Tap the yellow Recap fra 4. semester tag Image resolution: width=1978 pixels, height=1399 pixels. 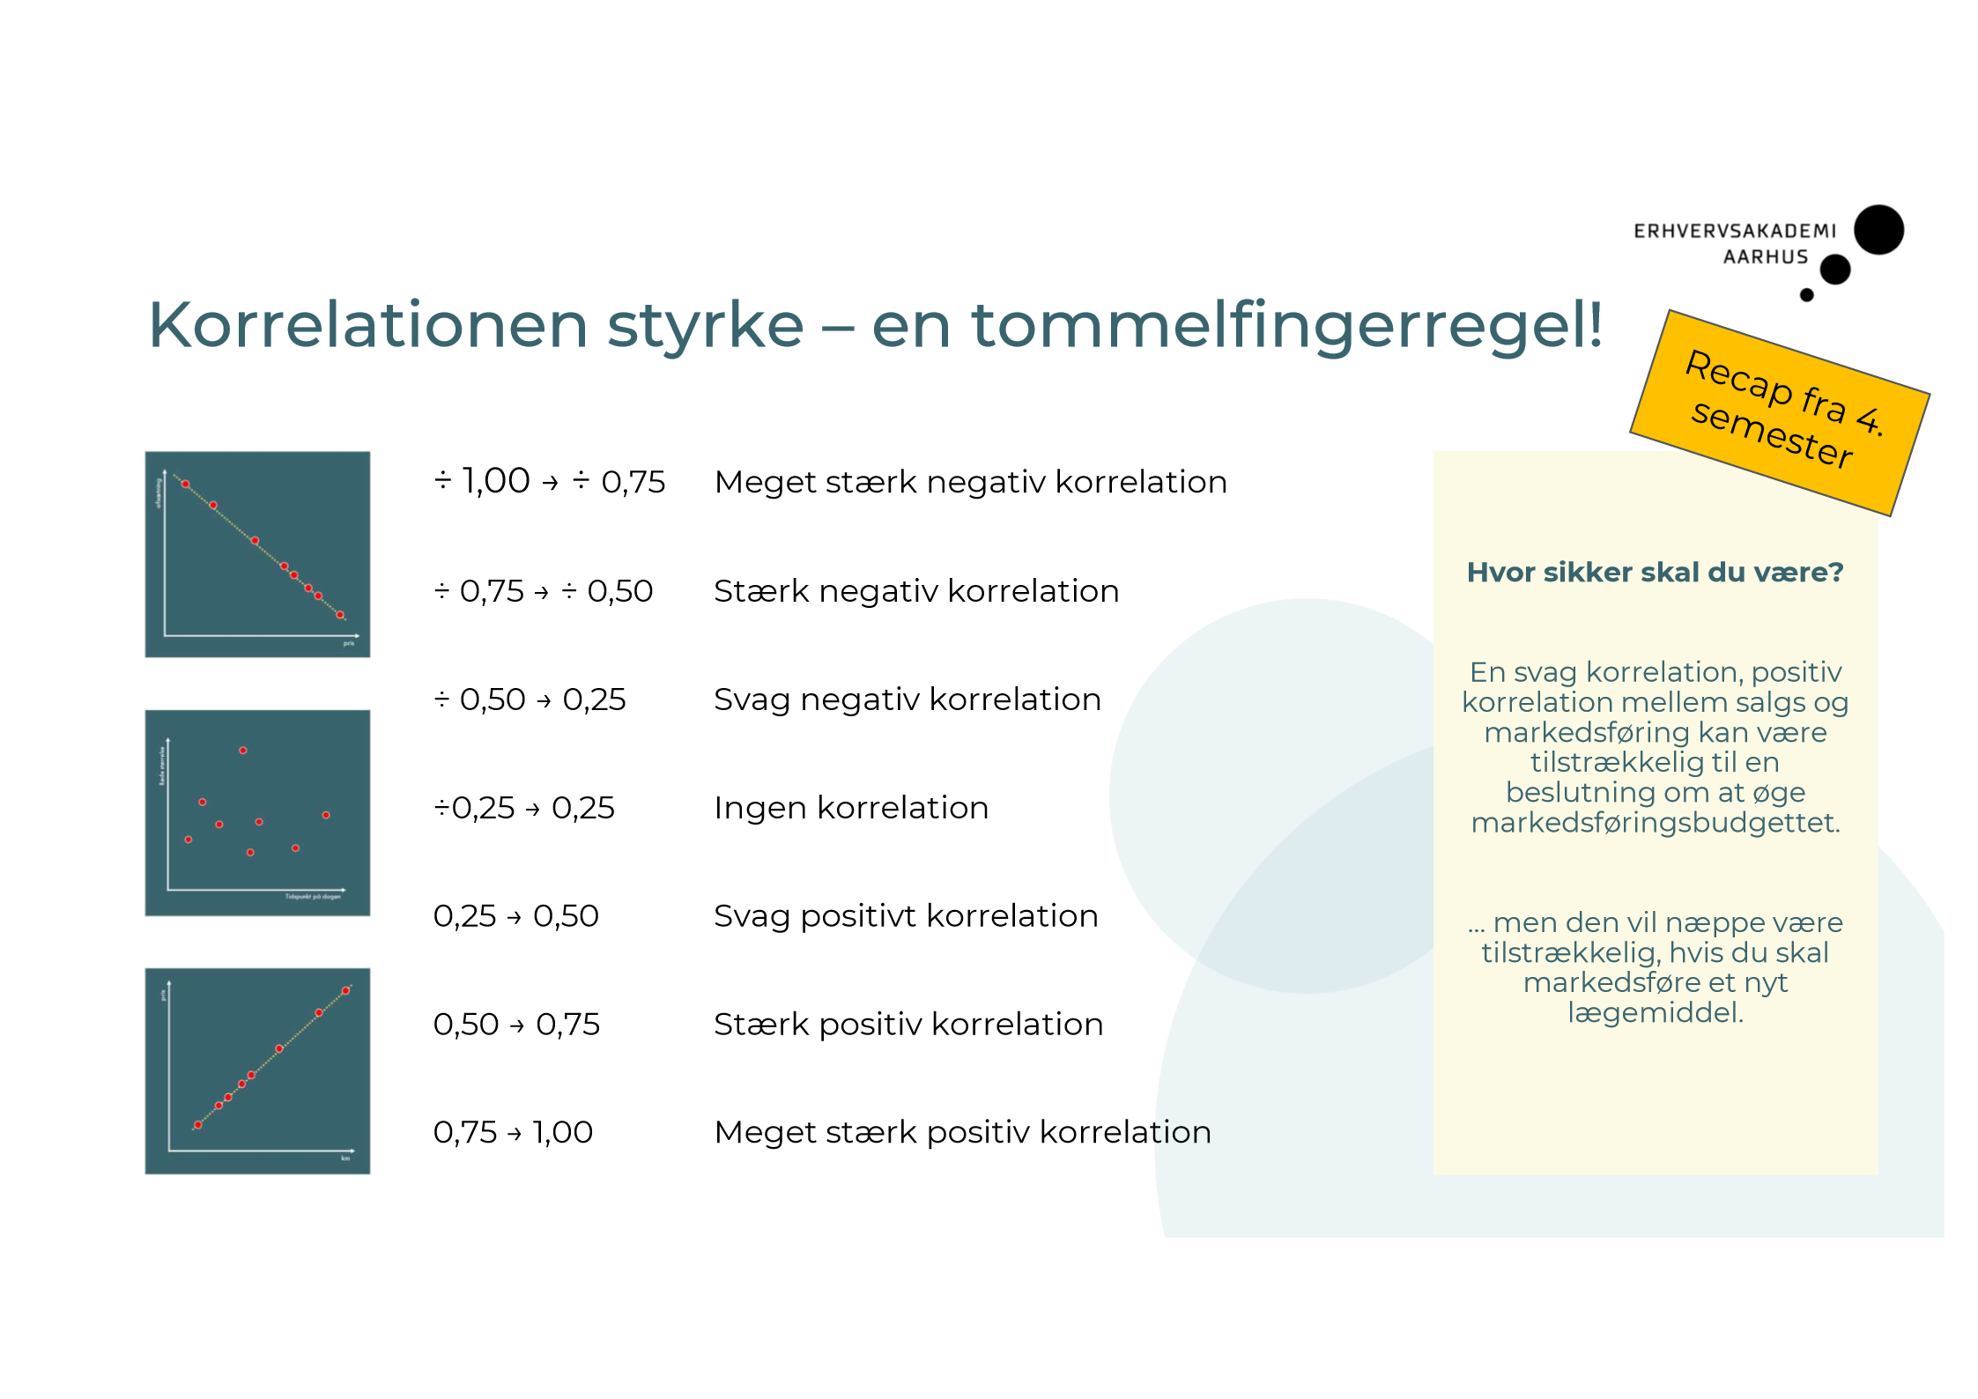(1780, 411)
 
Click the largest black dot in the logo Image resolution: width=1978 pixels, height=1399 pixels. (1878, 230)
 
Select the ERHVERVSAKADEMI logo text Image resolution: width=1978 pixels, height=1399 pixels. (1734, 232)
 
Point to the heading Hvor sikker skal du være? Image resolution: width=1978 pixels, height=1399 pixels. (1655, 573)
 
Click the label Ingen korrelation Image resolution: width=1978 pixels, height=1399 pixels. (851, 808)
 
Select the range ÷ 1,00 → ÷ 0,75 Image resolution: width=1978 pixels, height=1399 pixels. (550, 482)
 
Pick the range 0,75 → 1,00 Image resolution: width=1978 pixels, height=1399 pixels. (513, 1132)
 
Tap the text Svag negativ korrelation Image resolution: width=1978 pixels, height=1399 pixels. (908, 699)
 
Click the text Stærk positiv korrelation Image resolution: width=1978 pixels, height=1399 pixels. (908, 1025)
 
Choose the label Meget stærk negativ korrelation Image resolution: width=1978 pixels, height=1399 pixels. (971, 482)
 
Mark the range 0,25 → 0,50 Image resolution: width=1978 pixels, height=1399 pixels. (515, 916)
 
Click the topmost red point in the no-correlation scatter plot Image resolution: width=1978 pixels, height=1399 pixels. (243, 751)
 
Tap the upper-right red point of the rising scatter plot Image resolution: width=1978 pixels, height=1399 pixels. (346, 991)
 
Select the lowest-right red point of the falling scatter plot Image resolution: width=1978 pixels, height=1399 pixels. (340, 615)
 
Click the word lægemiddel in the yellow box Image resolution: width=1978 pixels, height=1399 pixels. (1655, 1013)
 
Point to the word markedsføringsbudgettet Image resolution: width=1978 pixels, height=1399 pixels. (1656, 823)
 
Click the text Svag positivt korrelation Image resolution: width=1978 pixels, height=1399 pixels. (906, 916)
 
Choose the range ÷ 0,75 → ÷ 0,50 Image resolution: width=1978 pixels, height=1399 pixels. (544, 591)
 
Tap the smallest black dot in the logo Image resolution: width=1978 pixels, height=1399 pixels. (1806, 295)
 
